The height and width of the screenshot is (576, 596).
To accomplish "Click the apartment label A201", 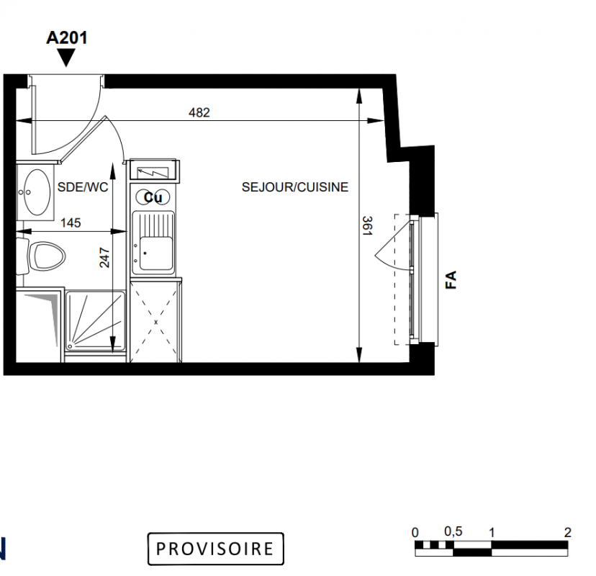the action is (x=66, y=37).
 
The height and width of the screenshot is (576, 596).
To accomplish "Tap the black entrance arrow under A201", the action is (x=66, y=58).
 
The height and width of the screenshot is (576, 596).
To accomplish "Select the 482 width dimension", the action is (x=199, y=112).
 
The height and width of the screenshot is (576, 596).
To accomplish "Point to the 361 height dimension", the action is (x=367, y=226).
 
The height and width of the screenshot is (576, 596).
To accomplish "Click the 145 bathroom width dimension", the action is (x=71, y=222).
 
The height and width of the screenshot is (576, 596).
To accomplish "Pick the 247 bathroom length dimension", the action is (x=104, y=258).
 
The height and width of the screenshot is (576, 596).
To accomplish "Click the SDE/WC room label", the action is (x=83, y=187).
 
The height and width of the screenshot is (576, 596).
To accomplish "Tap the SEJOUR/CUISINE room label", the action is (x=295, y=187).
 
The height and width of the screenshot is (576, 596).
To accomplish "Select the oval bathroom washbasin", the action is (x=37, y=192).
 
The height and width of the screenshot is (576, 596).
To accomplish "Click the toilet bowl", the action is (x=47, y=256).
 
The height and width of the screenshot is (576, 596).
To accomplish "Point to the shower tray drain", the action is (x=70, y=346).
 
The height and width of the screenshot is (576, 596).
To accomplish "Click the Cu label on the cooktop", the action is (x=153, y=197).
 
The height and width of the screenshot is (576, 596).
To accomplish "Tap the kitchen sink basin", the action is (x=156, y=253).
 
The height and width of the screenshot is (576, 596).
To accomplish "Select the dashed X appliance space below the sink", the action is (x=156, y=323).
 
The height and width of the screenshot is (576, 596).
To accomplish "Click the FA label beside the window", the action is (x=451, y=280).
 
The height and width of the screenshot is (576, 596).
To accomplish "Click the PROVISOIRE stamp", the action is (x=215, y=549).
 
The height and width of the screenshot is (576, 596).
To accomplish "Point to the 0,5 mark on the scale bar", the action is (x=453, y=531).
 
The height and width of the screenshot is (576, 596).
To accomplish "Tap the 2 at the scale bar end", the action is (x=567, y=532).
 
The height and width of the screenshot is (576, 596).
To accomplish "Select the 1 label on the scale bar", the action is (x=492, y=532).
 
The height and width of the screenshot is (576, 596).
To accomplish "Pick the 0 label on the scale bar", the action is (x=415, y=532).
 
